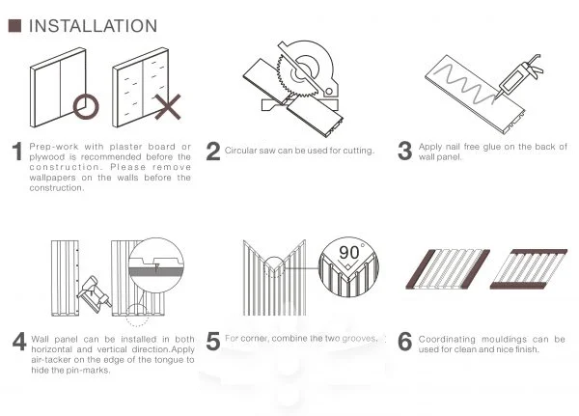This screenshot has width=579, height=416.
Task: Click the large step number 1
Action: (16, 152)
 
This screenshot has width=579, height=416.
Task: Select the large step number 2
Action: (212, 151)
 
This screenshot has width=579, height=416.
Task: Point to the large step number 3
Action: (405, 151)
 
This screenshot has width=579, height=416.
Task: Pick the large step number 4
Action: (18, 343)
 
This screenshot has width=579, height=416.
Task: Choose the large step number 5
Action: (212, 343)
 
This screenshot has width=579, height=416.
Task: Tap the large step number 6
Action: (405, 343)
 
